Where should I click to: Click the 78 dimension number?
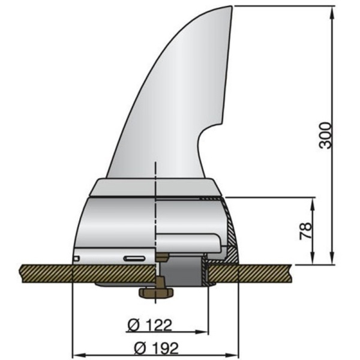(x=305, y=230)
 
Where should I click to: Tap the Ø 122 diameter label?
(x=150, y=325)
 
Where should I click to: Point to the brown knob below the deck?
(x=155, y=293)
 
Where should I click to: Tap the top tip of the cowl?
(x=230, y=8)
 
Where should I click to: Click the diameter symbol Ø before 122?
(x=134, y=325)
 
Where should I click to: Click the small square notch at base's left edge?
(x=76, y=259)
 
